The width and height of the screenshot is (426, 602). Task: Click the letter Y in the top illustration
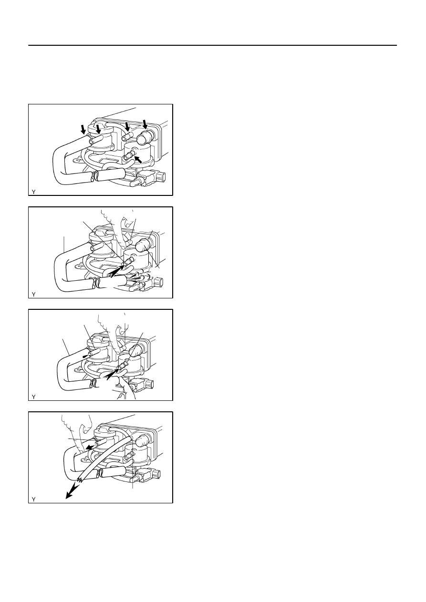click(33, 192)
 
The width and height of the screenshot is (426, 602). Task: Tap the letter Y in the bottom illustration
click(33, 500)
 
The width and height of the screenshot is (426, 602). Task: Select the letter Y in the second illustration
click(33, 295)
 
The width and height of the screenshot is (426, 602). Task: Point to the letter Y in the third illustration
click(33, 397)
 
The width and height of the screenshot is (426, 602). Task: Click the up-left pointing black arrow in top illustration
click(138, 159)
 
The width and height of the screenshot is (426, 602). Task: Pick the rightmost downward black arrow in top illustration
click(145, 124)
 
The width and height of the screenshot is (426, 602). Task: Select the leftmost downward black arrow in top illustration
click(84, 130)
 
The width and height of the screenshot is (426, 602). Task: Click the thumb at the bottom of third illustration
click(127, 388)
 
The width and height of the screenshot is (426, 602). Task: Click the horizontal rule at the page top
click(212, 45)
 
